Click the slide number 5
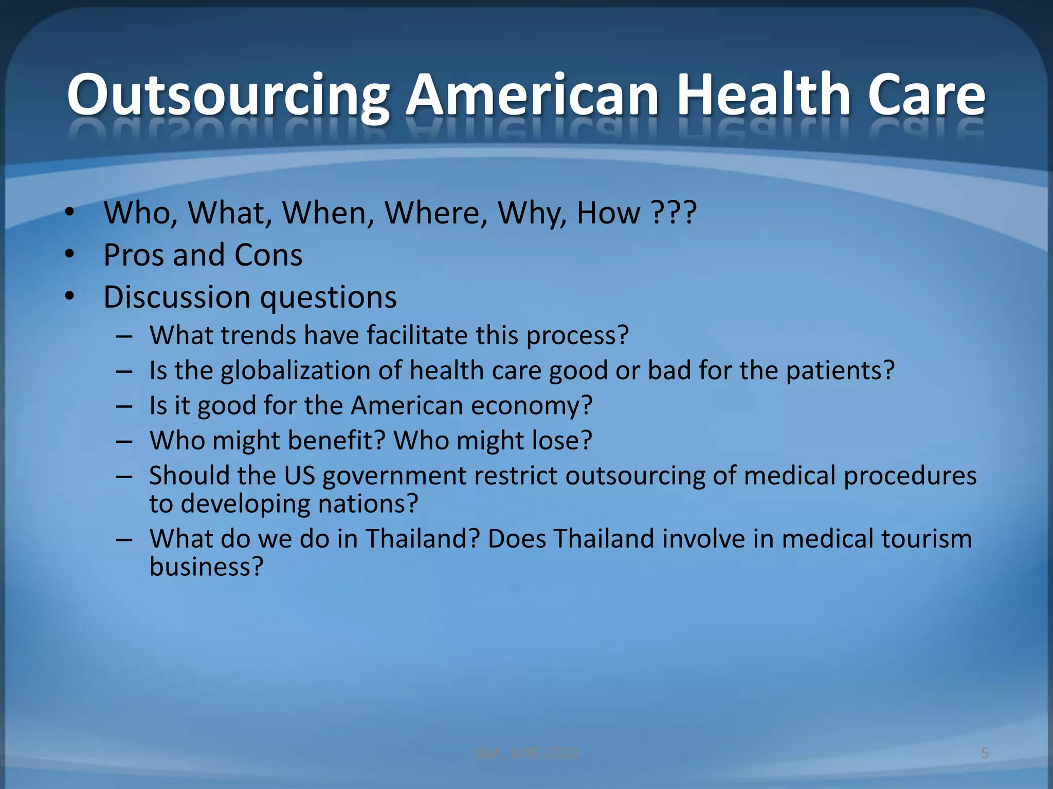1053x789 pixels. point(985,753)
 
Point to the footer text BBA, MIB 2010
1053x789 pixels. point(526,753)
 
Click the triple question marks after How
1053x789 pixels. point(674,212)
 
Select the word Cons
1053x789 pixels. point(268,255)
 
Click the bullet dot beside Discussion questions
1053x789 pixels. point(70,296)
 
